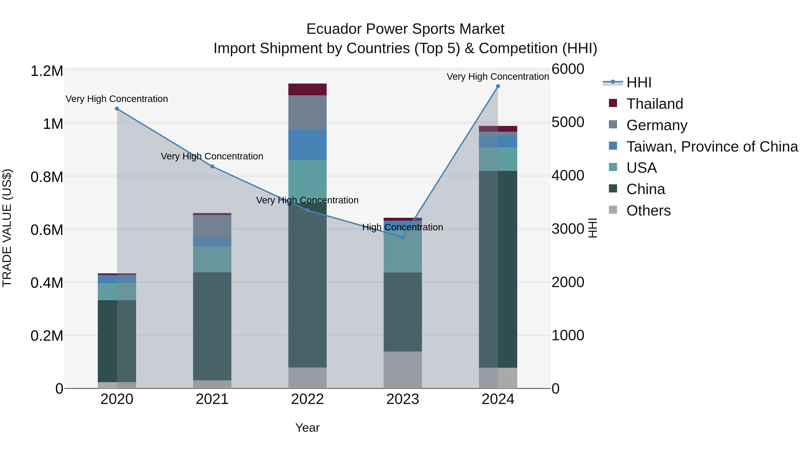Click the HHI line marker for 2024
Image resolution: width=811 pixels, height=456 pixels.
498,86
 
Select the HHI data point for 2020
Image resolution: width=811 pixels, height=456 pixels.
117,109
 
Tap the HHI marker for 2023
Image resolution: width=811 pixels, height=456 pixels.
403,237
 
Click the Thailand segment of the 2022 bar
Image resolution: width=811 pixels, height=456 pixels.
307,89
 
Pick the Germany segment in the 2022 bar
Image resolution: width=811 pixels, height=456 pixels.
307,112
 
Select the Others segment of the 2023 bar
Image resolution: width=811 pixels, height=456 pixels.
403,370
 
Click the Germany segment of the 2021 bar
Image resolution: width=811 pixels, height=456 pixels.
212,226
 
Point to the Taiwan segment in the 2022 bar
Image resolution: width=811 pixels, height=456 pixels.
307,145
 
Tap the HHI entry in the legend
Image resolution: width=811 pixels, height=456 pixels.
638,82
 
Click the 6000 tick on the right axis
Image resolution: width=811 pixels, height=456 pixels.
568,69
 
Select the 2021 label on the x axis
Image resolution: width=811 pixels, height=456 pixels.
212,399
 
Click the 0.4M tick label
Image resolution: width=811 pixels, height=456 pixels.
47,283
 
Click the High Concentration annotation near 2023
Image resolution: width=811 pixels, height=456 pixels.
402,227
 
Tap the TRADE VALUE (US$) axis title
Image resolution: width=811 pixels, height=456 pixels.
7,228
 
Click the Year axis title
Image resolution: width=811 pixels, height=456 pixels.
307,428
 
